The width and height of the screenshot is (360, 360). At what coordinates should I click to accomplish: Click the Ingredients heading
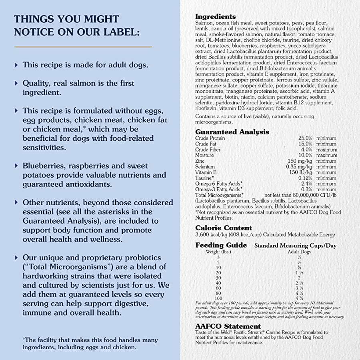215,16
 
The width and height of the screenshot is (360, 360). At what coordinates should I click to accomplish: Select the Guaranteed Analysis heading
232,132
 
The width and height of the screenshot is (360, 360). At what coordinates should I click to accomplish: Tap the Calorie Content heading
224,228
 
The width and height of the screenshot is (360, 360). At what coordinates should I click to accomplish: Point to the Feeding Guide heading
221,245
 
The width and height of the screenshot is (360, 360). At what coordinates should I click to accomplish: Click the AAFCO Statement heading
228,326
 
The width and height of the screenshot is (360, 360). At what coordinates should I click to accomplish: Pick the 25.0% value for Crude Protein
305,138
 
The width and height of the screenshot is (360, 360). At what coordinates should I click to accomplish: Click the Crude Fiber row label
208,150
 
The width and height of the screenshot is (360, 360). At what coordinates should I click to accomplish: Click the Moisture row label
204,155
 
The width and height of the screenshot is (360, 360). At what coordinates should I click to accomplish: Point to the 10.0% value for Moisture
305,155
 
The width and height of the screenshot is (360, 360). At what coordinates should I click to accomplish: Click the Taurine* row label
204,178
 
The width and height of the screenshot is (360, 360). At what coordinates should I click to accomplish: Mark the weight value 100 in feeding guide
218,298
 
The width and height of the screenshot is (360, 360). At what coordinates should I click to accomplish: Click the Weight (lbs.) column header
218,252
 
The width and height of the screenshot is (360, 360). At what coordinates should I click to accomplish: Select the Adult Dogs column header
299,252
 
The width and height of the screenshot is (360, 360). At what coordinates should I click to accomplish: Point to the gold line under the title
83,47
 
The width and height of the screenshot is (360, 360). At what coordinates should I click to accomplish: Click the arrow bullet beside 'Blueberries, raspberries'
16,166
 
